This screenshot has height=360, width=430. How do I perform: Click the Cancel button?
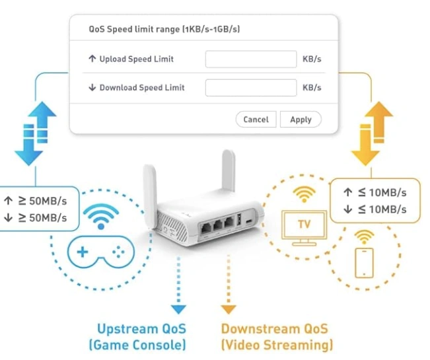[x=256, y=120]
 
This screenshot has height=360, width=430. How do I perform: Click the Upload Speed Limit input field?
[x=251, y=59]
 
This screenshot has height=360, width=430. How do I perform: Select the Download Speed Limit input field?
[x=251, y=87]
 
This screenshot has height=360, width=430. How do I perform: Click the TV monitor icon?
[x=303, y=225]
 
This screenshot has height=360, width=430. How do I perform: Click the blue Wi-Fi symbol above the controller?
[x=101, y=216]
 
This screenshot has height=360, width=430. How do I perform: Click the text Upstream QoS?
[x=141, y=328]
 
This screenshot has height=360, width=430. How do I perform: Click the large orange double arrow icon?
[x=373, y=132]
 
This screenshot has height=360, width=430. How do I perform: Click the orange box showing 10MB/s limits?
[x=375, y=200]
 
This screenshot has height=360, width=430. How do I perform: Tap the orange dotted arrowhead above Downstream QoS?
[x=229, y=308]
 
